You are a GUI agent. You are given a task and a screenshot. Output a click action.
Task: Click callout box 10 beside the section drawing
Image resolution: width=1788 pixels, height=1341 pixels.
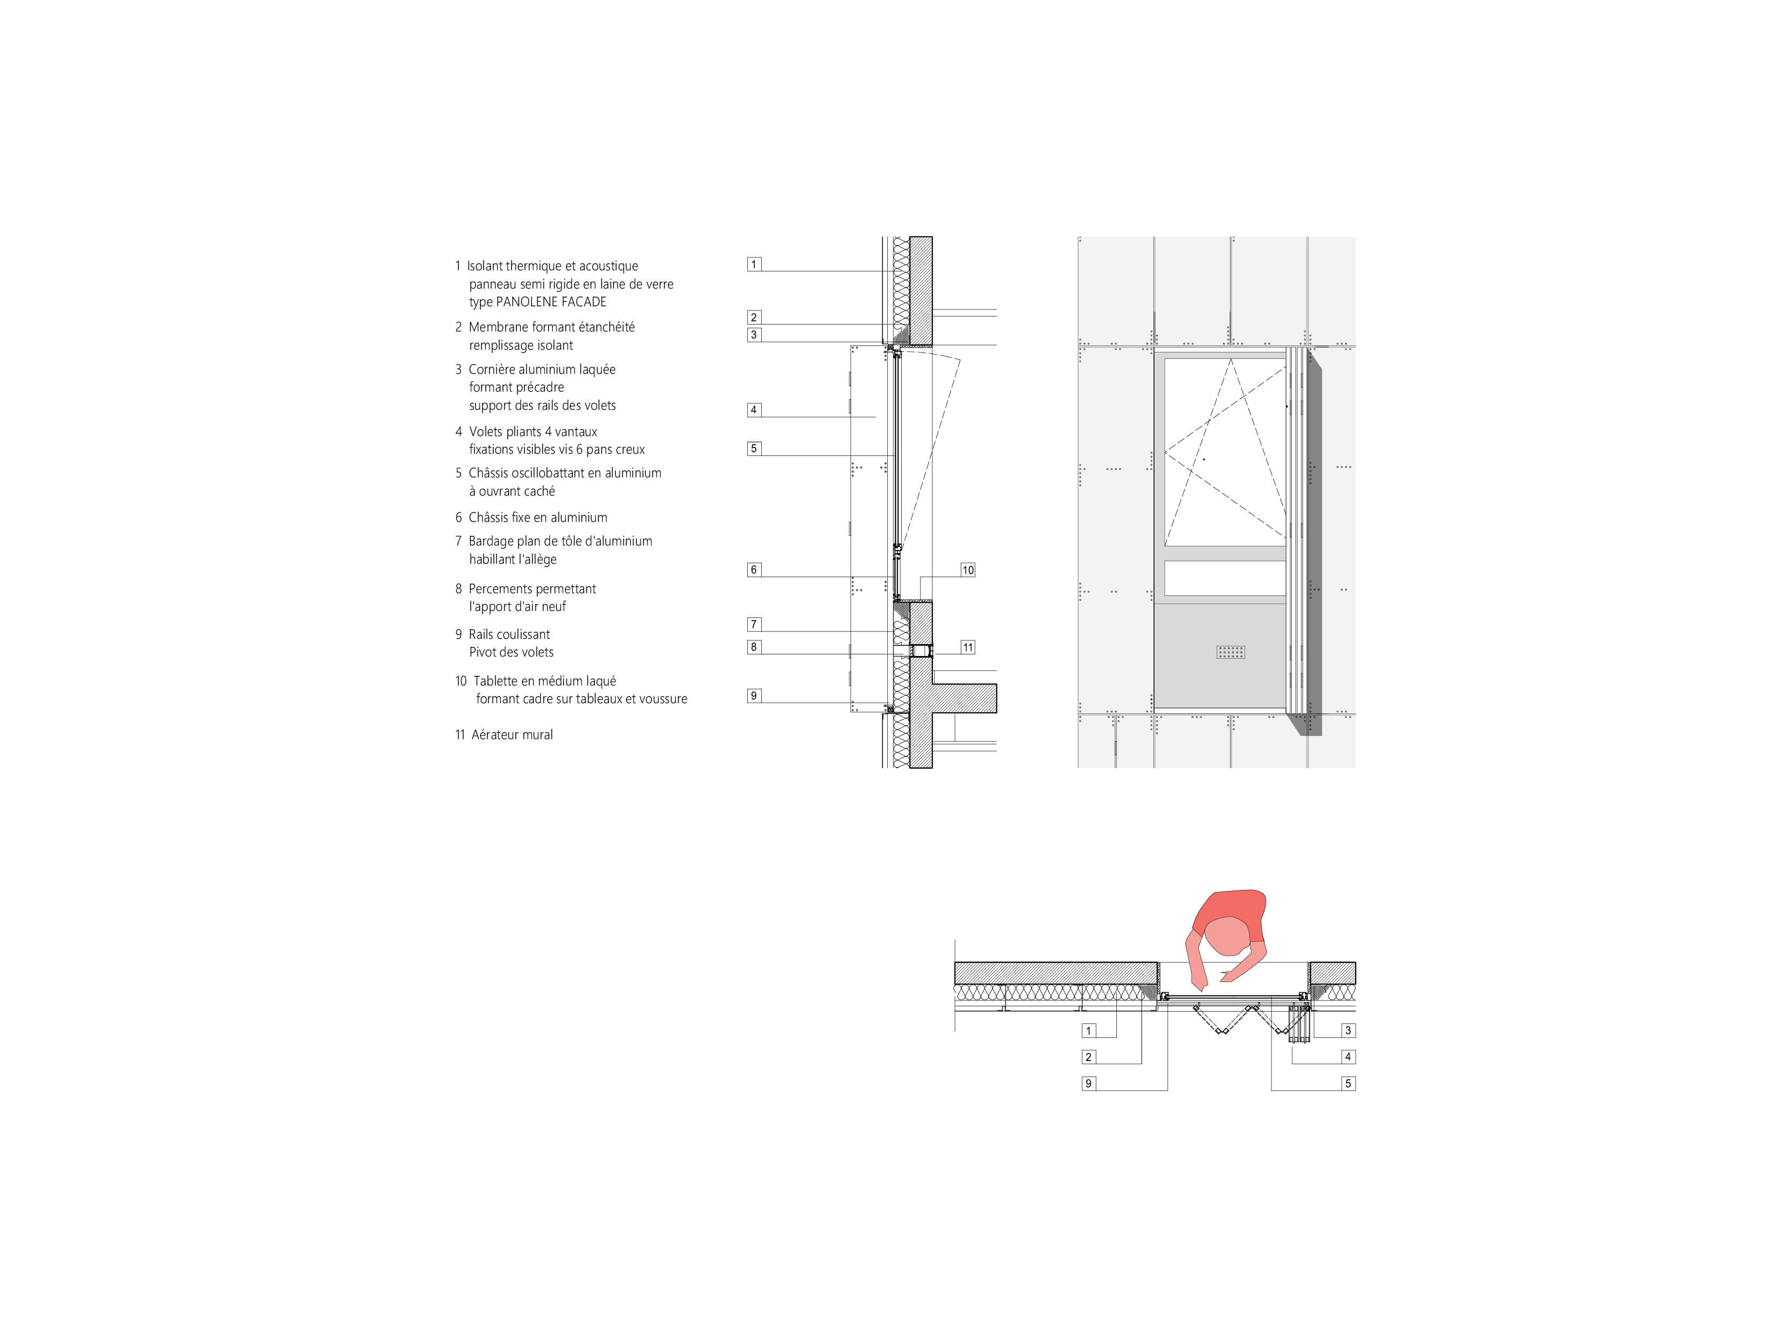coord(968,570)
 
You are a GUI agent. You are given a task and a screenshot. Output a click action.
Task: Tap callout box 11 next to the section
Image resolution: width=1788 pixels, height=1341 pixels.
coord(968,647)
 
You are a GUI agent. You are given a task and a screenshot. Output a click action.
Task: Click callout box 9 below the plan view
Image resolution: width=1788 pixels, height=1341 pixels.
coord(1089,1083)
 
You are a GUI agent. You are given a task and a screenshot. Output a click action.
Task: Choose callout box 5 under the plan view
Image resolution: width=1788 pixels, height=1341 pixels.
coord(1348,1083)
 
